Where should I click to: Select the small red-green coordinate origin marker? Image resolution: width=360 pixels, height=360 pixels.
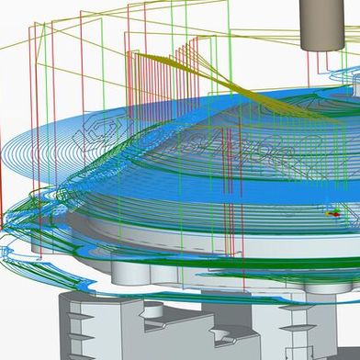[332, 213]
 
